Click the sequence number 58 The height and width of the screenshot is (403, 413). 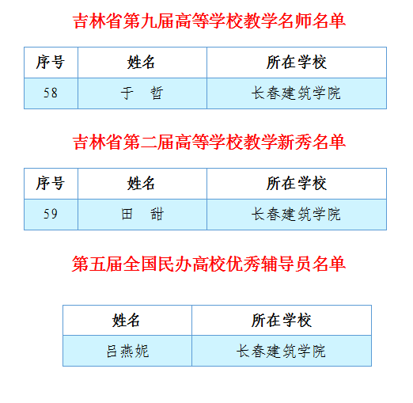click(51, 93)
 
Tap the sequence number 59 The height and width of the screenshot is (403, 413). click(51, 214)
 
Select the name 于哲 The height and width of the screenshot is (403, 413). click(142, 93)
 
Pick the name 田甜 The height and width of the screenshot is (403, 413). click(142, 214)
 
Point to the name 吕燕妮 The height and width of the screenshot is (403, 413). click(127, 351)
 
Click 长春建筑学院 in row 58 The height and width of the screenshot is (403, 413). click(296, 93)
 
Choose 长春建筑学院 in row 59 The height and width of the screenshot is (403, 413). click(296, 214)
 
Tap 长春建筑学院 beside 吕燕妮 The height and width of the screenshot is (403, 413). click(281, 351)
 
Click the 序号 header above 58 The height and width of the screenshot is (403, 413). click(51, 63)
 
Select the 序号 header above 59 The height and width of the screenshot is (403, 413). click(51, 184)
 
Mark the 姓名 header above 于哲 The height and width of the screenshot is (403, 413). click(141, 63)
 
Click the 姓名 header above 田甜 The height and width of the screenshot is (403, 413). click(141, 184)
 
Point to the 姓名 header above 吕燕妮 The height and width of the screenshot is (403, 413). click(126, 321)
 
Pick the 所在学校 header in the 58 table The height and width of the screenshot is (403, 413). click(297, 63)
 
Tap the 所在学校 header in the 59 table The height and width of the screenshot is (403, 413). click(297, 184)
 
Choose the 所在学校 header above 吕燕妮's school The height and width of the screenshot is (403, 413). click(282, 321)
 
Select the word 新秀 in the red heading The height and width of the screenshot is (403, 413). click(294, 142)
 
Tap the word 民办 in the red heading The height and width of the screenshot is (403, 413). click(175, 264)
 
